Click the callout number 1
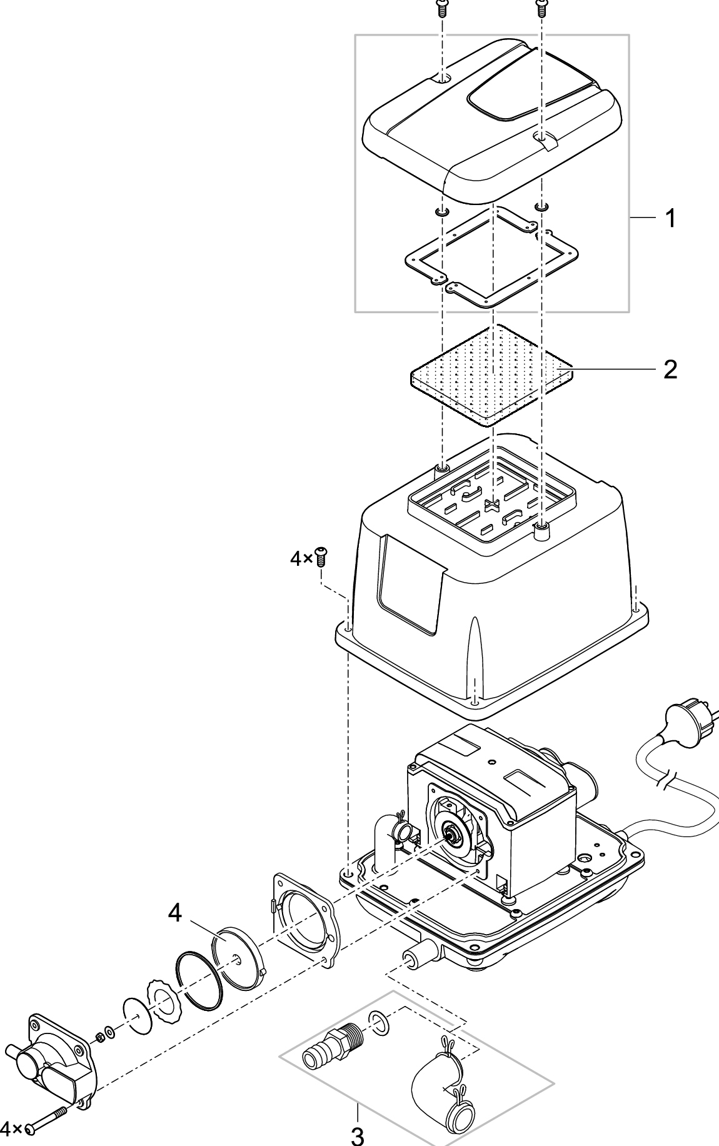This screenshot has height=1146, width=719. [x=670, y=219]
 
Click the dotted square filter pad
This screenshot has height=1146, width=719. [x=491, y=375]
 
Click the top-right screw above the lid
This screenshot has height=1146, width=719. [x=541, y=8]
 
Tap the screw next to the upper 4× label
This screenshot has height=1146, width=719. [x=322, y=556]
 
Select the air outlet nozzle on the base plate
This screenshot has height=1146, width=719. [x=413, y=960]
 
